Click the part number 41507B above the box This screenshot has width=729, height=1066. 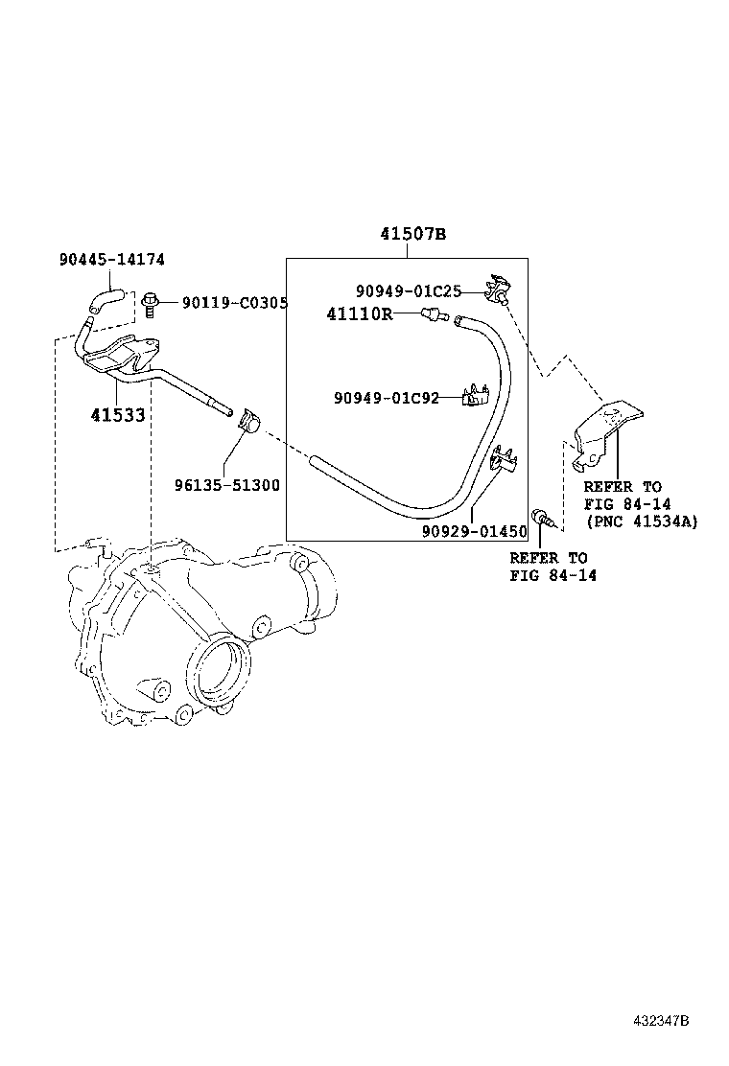click(x=412, y=234)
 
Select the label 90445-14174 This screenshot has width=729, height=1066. click(x=112, y=259)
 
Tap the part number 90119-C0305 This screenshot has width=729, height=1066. click(x=235, y=303)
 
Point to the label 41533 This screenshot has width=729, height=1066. click(x=117, y=415)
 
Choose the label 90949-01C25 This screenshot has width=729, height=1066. click(x=409, y=290)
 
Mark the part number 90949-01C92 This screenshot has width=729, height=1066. click(x=387, y=398)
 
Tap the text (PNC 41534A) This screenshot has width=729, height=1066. click(x=641, y=521)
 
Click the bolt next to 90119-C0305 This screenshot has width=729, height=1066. click(x=150, y=305)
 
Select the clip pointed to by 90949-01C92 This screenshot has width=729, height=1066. click(x=476, y=396)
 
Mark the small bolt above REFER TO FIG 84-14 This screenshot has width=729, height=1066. click(x=544, y=519)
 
